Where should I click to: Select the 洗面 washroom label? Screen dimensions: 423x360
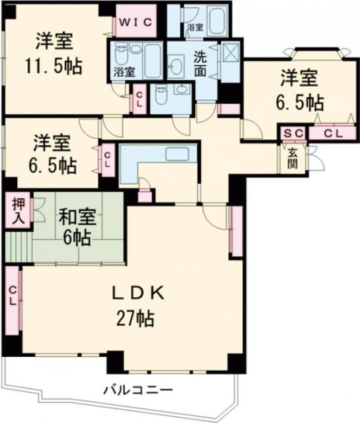pos(199,64)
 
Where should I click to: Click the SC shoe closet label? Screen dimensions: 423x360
pos(293,134)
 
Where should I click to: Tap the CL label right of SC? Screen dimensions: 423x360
pos(334,134)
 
